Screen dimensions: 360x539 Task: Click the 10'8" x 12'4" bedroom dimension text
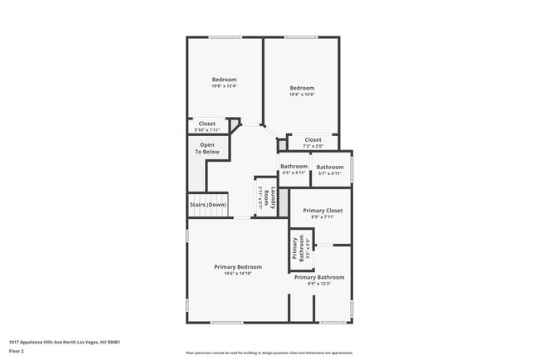[x=224, y=86]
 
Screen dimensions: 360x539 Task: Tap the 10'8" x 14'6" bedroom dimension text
[x=302, y=95]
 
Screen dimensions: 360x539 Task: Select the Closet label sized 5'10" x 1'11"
[x=206, y=130]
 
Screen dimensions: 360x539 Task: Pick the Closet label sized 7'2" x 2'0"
[x=313, y=147]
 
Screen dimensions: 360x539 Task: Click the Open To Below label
[x=207, y=148]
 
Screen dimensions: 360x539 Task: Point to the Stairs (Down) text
[x=206, y=204]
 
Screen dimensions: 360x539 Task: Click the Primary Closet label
[x=323, y=211]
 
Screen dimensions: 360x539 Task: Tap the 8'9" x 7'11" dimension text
[x=323, y=218]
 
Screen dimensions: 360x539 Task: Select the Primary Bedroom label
[x=238, y=266]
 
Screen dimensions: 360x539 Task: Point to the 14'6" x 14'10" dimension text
[x=238, y=274]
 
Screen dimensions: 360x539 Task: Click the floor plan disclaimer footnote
[x=269, y=353]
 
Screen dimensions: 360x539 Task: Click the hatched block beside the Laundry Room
[x=284, y=200]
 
